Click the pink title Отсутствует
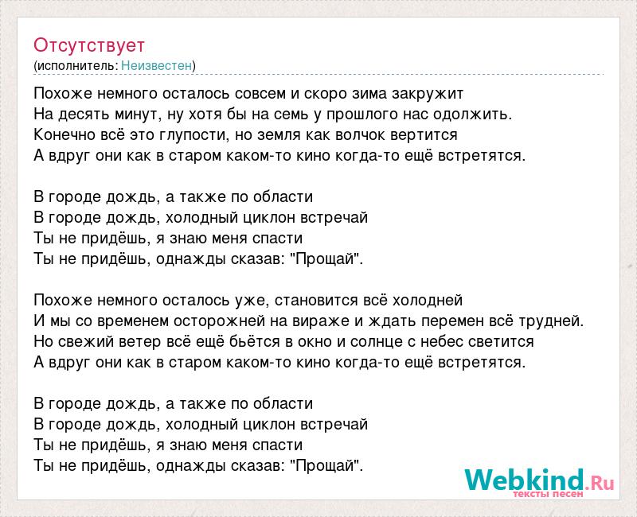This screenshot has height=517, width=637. [x=89, y=45]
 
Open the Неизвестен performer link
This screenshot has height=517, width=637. [x=156, y=65]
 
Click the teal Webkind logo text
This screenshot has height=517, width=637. [x=525, y=480]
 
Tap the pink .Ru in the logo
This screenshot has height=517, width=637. [x=600, y=483]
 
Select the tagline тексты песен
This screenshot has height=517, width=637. [x=549, y=494]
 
